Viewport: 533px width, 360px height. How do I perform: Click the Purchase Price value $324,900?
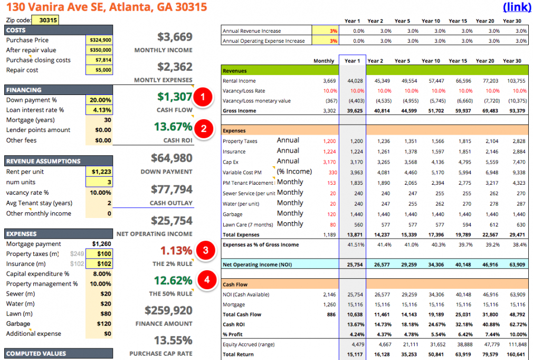click(99, 40)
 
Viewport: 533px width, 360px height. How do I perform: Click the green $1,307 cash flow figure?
click(175, 97)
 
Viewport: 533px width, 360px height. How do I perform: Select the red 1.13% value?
click(176, 251)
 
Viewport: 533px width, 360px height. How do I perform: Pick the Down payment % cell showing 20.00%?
click(99, 100)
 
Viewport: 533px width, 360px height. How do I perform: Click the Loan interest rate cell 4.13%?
click(99, 110)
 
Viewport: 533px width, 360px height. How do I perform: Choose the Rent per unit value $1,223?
click(99, 172)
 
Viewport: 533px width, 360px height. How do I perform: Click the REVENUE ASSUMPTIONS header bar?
click(58, 162)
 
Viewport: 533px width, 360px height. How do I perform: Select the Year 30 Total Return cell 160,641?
click(515, 355)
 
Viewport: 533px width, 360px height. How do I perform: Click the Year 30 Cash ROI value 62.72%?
click(515, 325)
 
